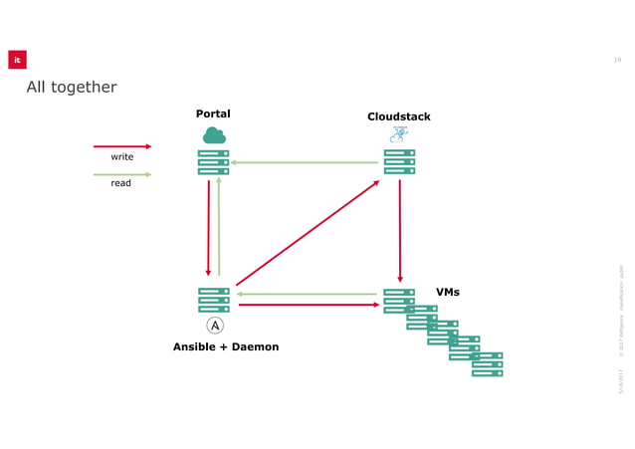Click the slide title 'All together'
tap(72, 88)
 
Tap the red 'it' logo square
tap(17, 60)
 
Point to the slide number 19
tap(617, 60)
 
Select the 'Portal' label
tap(213, 113)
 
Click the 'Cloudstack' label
tap(399, 116)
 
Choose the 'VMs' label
tap(448, 292)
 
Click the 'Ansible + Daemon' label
tap(226, 346)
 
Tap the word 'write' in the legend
tap(121, 157)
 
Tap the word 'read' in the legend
tap(120, 183)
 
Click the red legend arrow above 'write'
tap(121, 146)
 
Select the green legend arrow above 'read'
tap(121, 174)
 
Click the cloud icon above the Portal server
tap(214, 135)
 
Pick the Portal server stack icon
tap(213, 162)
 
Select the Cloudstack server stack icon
tap(399, 162)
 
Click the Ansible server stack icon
tap(213, 300)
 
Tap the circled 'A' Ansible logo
tap(215, 326)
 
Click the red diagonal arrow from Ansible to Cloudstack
tap(308, 233)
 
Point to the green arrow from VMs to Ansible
tap(309, 294)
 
